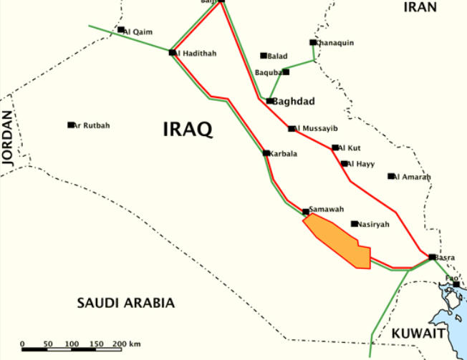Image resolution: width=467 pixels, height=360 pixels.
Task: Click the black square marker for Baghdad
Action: click(x=269, y=101)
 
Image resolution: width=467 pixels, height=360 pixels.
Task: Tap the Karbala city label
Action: click(x=283, y=153)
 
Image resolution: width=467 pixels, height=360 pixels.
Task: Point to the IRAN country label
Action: click(x=420, y=7)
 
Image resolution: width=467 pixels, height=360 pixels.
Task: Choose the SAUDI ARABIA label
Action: click(x=125, y=303)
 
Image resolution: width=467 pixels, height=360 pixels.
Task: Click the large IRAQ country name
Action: click(x=188, y=130)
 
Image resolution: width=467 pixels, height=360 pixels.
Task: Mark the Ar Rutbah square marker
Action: click(x=71, y=125)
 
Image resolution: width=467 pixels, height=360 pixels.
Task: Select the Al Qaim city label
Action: click(x=139, y=31)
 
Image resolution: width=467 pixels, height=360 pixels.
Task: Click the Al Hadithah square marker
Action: click(x=172, y=52)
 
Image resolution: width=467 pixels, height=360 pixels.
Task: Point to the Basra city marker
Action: click(x=432, y=256)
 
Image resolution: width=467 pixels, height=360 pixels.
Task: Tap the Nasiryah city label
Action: click(x=374, y=225)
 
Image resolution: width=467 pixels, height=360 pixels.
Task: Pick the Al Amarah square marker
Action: click(x=391, y=176)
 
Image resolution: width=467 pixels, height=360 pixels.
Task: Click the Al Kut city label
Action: click(x=350, y=147)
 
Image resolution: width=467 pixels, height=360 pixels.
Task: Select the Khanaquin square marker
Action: click(x=313, y=42)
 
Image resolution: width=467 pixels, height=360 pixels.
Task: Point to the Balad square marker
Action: click(x=264, y=55)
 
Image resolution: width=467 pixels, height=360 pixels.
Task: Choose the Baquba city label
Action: click(x=269, y=72)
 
